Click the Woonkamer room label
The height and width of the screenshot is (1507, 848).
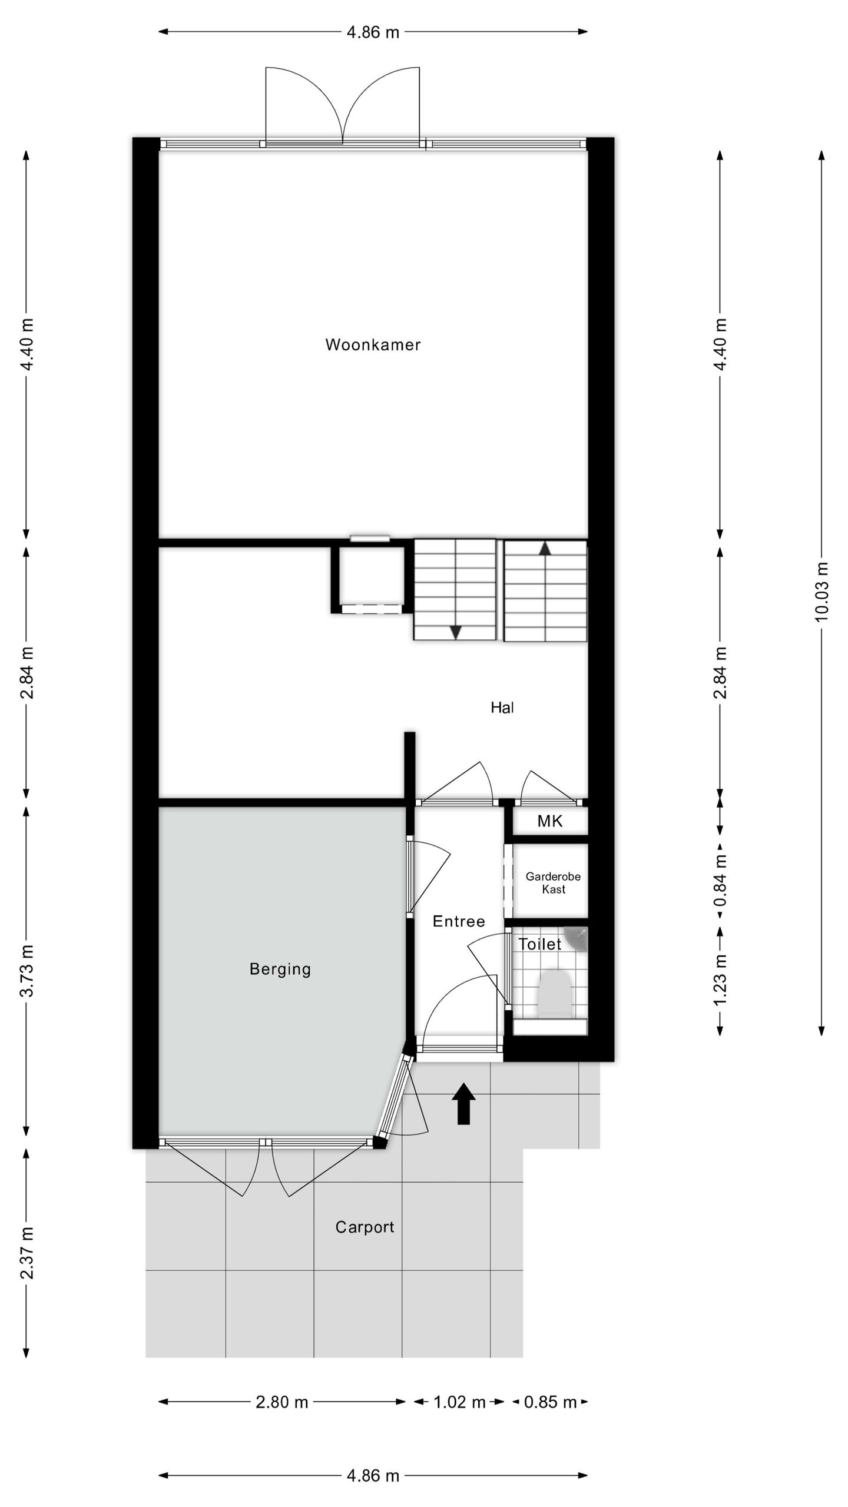373,344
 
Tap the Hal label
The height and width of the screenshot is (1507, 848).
502,708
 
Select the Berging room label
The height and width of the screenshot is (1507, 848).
280,969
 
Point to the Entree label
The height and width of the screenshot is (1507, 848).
459,921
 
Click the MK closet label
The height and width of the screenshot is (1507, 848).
550,821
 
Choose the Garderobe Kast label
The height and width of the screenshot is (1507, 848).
554,883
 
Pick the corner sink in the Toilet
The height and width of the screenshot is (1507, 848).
576,940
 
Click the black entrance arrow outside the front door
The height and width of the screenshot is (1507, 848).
463,1104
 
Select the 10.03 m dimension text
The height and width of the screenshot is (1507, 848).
822,592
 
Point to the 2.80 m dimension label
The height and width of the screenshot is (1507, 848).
282,1402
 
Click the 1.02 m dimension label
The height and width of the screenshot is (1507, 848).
459,1402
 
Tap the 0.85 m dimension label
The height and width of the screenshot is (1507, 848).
550,1402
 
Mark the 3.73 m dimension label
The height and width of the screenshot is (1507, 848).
27,971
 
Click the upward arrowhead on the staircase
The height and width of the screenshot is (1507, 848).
545,548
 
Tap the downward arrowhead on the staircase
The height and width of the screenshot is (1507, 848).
455,632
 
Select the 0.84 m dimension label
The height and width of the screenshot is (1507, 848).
720,881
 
